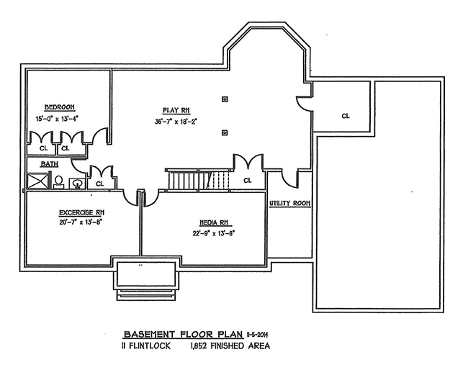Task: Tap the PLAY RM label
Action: [175, 109]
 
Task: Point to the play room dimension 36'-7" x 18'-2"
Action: [175, 121]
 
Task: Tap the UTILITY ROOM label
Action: [290, 204]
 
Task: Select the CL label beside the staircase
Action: [247, 180]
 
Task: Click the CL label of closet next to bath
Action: [99, 184]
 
